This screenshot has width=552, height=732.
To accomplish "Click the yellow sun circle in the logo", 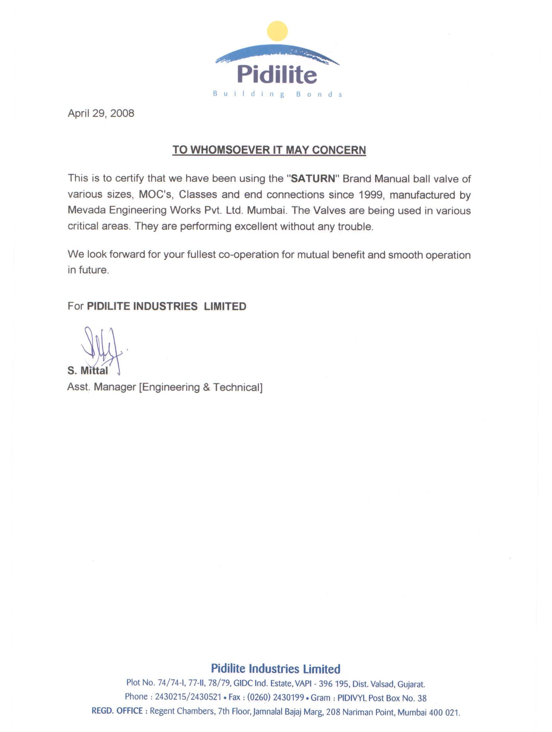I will pyautogui.click(x=277, y=31).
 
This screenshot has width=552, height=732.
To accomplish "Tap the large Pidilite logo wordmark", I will pyautogui.click(x=277, y=74).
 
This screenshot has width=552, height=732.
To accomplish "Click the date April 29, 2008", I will pyautogui.click(x=101, y=113).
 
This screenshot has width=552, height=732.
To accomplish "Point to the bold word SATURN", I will pyautogui.click(x=313, y=179).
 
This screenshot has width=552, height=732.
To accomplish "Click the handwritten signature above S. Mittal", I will pyautogui.click(x=101, y=347).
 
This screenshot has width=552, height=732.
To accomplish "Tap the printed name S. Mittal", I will pyautogui.click(x=88, y=371).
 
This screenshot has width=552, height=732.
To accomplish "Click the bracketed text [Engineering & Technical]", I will pyautogui.click(x=201, y=387).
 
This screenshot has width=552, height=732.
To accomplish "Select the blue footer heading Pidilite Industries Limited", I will pyautogui.click(x=276, y=669).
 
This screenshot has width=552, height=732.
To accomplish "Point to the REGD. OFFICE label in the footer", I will pyautogui.click(x=117, y=711).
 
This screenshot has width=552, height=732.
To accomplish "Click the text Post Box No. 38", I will pyautogui.click(x=397, y=698).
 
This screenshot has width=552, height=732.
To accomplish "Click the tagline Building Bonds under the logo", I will pyautogui.click(x=277, y=94).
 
